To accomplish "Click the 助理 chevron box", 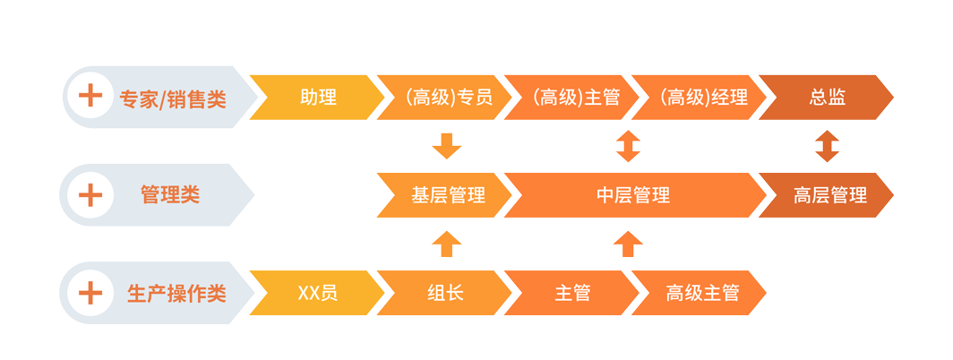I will click(319, 98).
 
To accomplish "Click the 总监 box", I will click(827, 98).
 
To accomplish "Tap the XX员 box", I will click(317, 293).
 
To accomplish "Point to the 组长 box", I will click(446, 293).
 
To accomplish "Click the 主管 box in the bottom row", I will click(573, 293).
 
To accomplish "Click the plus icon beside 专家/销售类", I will click(90, 98).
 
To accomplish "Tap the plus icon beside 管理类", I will click(90, 195).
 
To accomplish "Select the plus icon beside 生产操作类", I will click(90, 293).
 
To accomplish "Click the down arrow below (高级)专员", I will click(446, 146).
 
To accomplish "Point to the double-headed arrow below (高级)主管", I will click(629, 146).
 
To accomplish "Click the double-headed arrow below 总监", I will click(827, 146).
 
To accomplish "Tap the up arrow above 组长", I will click(446, 244).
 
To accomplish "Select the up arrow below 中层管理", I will click(629, 244).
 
